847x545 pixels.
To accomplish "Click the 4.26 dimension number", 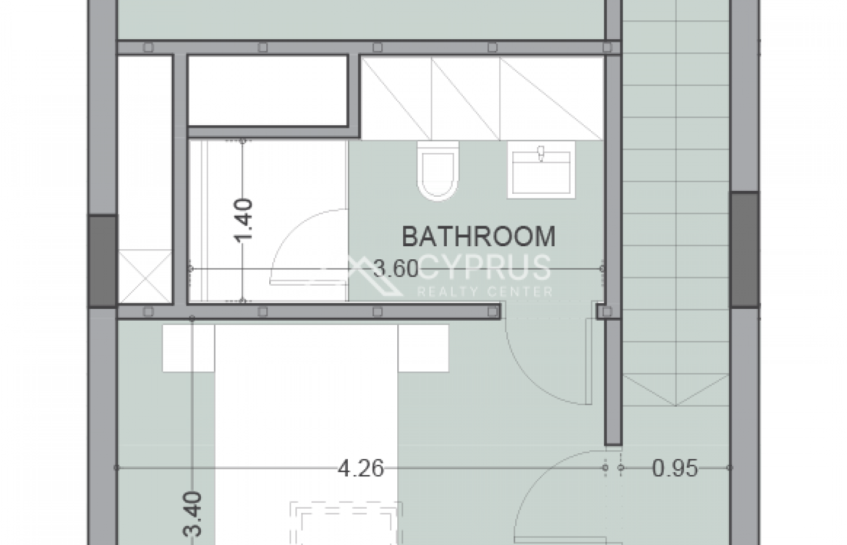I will coord(360,468).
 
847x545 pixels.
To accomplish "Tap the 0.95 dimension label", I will coord(675,468).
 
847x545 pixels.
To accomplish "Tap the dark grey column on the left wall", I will coord(102,261).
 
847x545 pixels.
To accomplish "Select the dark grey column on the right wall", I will coord(745,249).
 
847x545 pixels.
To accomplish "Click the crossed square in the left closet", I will coord(145,277).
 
